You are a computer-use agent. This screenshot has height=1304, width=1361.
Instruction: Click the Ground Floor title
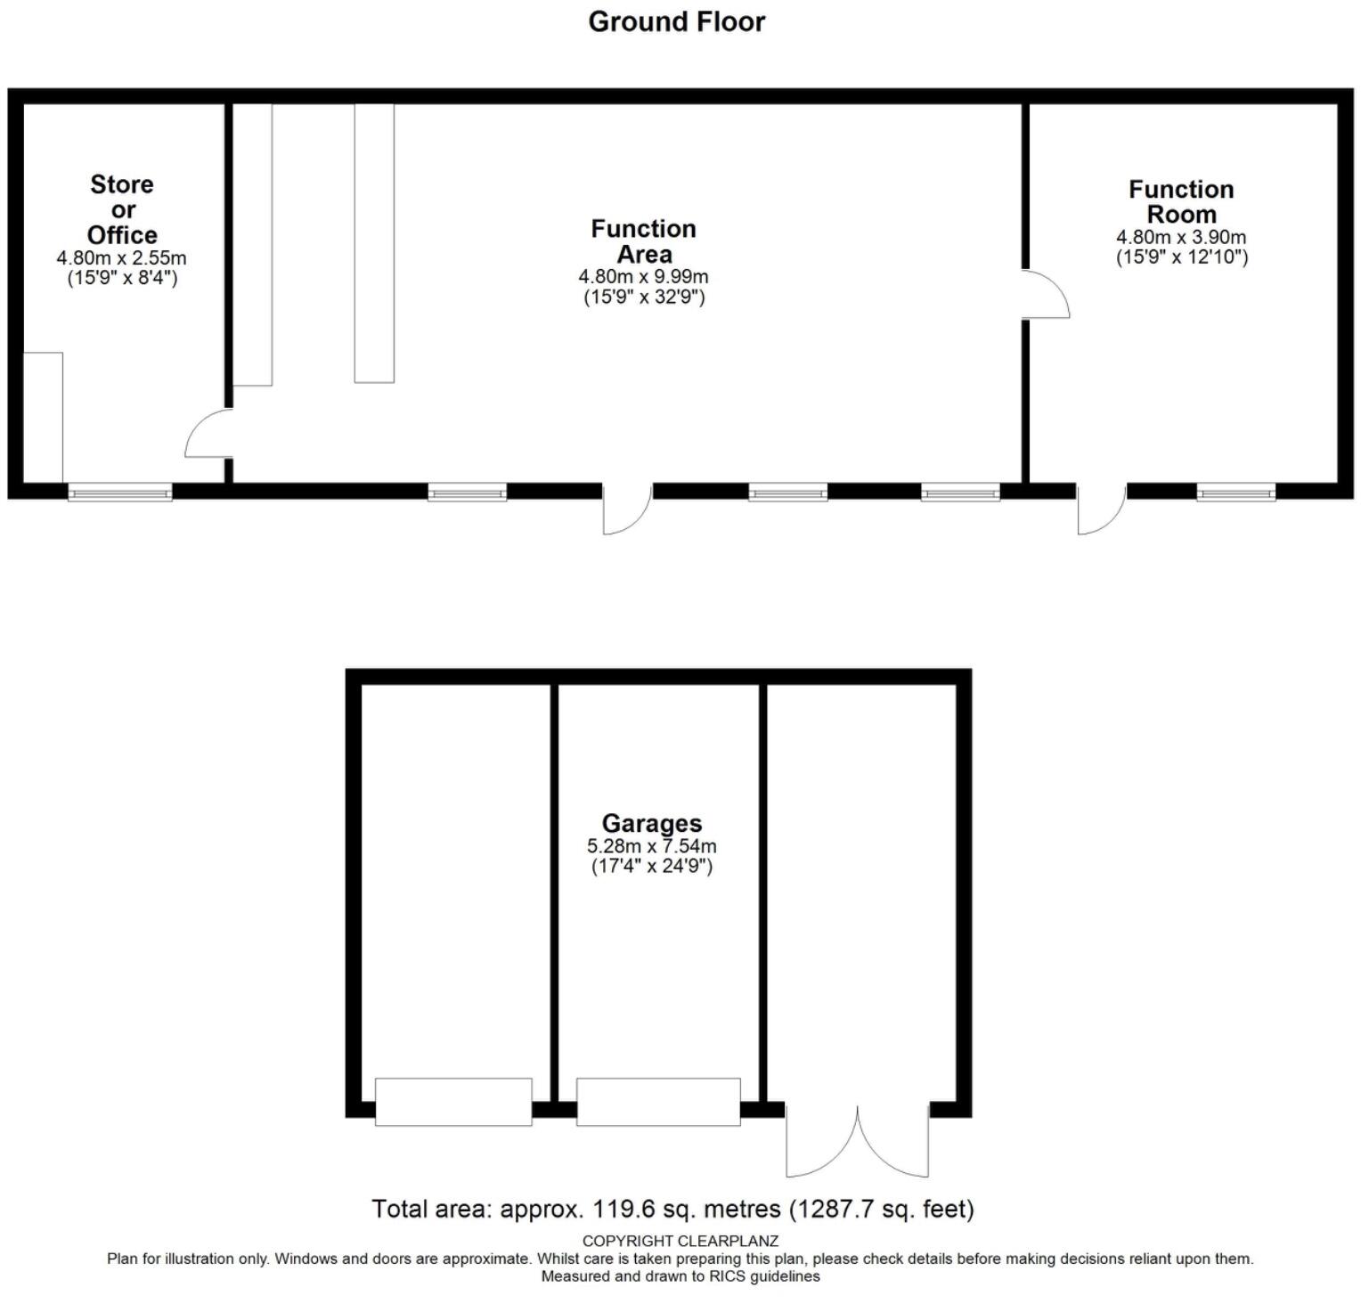point(676,21)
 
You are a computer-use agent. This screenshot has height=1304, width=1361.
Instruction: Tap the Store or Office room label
point(122,210)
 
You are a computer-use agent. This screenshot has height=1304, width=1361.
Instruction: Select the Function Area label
point(643,241)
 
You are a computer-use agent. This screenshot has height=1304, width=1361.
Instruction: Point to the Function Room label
point(1181,202)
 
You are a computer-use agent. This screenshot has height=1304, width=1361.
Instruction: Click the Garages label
point(652,824)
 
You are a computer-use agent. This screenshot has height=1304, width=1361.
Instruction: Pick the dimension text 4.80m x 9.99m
point(643,277)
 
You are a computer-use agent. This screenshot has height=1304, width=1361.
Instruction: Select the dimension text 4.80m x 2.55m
point(122,258)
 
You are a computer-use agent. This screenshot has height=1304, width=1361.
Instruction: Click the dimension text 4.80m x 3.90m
point(1181,238)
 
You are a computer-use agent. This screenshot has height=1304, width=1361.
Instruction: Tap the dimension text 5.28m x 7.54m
point(652,846)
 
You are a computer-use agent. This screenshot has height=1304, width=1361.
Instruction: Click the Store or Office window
point(120,492)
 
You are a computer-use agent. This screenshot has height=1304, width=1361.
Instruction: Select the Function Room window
point(1235,492)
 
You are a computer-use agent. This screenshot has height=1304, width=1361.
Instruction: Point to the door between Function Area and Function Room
point(1044,294)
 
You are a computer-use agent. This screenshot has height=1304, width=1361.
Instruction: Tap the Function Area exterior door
point(627,509)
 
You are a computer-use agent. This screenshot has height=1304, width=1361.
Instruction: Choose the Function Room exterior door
point(1101,509)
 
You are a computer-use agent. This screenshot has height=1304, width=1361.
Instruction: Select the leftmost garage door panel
point(453,1102)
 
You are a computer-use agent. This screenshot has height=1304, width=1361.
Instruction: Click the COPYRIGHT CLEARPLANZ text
point(680,1241)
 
